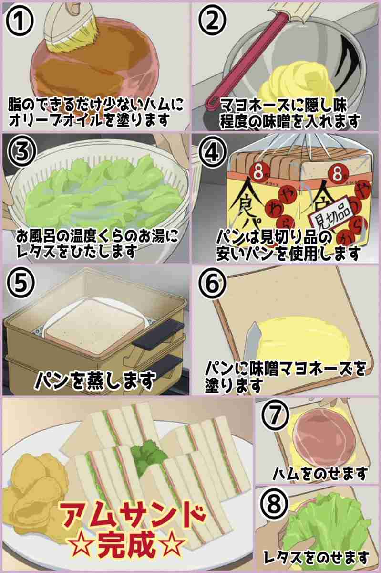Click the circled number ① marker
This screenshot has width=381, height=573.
click(x=20, y=21)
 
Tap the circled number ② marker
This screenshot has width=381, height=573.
click(x=212, y=21)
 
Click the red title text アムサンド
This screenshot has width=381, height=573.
click(x=133, y=510)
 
